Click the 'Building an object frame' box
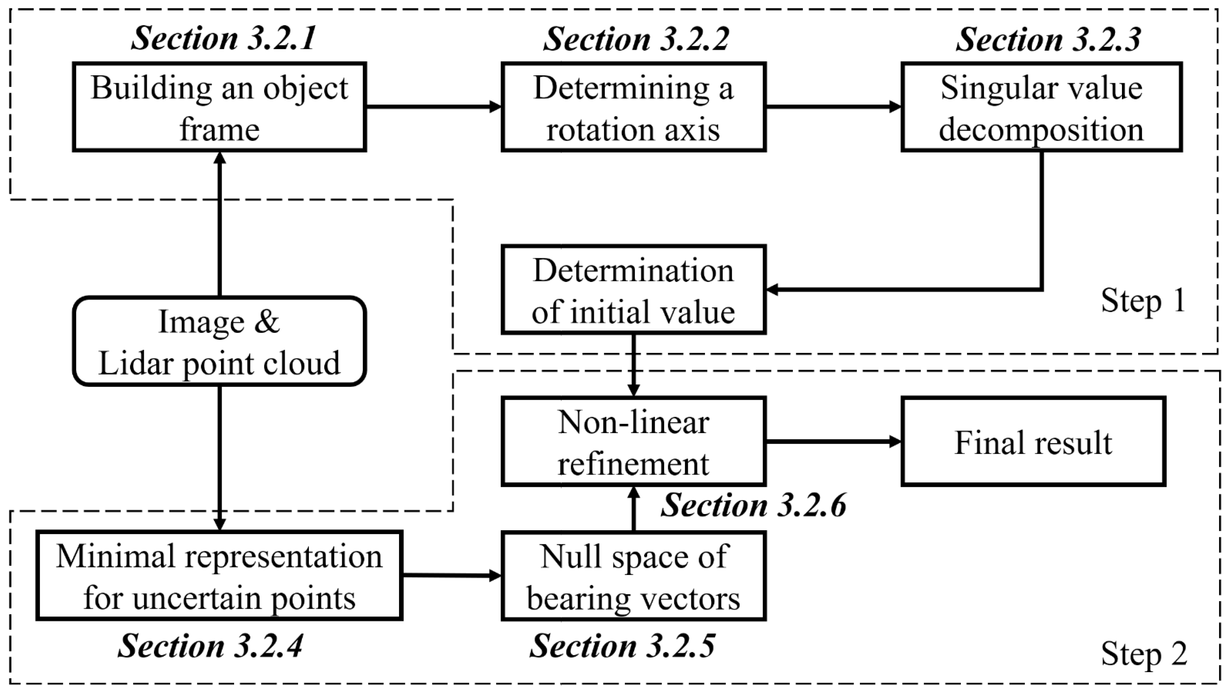219,107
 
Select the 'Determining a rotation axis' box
633,107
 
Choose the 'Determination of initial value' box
633,289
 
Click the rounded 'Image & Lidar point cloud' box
219,341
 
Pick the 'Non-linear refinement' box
633,441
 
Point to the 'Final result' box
1033,441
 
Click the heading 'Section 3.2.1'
223,38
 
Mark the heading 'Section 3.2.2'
635,38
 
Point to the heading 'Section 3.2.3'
1048,38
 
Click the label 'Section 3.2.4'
210,646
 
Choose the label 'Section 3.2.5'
622,646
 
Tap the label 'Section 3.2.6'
753,505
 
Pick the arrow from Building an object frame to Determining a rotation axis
434,107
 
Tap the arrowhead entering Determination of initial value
771,289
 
